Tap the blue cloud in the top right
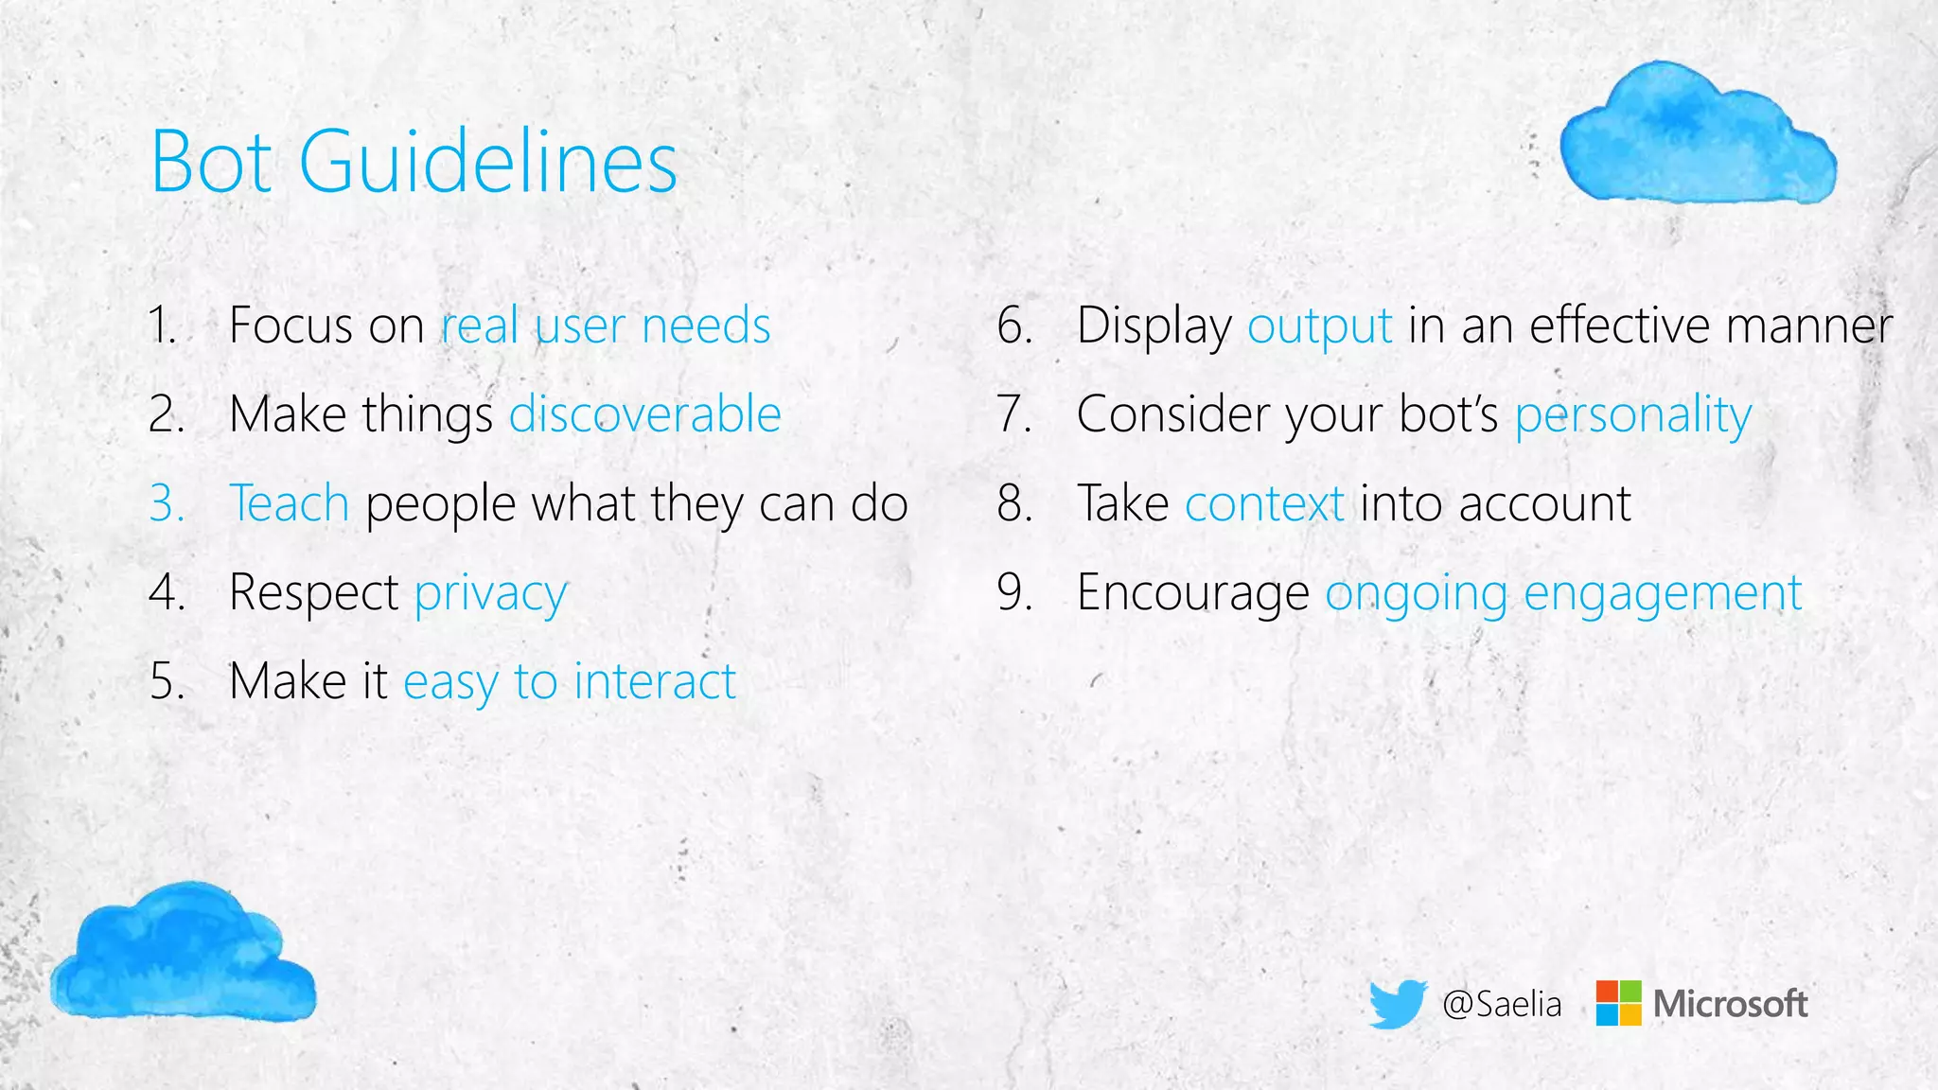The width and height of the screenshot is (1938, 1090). tap(1697, 133)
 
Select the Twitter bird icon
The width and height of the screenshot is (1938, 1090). tap(1398, 1003)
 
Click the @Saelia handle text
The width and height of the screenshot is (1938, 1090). tap(1502, 1004)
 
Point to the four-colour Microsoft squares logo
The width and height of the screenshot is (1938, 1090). tap(1618, 1003)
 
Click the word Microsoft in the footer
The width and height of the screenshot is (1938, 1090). tap(1730, 1004)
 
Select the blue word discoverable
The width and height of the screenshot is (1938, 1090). tap(645, 414)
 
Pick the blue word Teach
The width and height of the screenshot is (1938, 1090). tap(290, 503)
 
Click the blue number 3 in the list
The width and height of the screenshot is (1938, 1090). tap(166, 503)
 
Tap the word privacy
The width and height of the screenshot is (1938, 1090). tap(491, 594)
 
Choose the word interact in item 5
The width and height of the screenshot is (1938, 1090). tap(655, 681)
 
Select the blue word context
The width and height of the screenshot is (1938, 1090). tap(1264, 503)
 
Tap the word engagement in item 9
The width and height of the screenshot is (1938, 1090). tap(1663, 594)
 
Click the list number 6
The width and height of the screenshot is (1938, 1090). tap(1013, 325)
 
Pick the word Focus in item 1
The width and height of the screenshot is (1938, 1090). tap(291, 325)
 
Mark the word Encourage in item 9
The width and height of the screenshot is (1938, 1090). tap(1193, 594)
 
